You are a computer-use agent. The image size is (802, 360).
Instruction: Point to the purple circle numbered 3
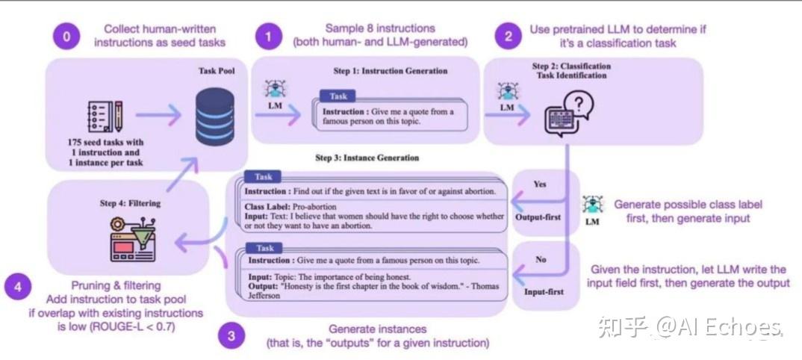[x=231, y=336]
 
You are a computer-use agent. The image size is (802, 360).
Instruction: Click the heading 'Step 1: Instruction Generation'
[x=390, y=71]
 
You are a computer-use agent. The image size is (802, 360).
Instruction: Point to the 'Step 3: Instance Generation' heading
[x=367, y=158]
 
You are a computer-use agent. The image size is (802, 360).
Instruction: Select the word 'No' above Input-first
[x=540, y=259]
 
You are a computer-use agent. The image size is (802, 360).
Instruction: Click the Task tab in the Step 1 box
[x=338, y=96]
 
